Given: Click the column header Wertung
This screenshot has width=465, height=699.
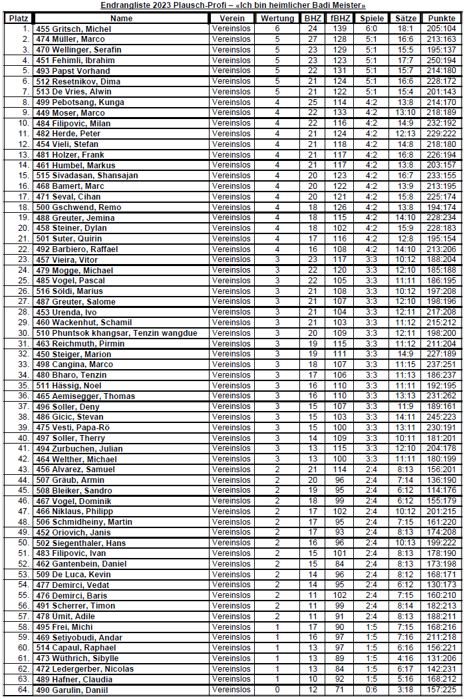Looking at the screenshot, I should click(x=277, y=19).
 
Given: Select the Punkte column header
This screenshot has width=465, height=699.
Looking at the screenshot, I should click(x=442, y=19).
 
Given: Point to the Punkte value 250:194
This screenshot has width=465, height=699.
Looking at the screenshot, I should click(x=442, y=61).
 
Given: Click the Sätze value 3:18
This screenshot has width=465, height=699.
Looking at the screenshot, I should click(x=406, y=690).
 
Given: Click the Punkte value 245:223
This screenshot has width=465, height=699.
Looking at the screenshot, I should click(x=442, y=417).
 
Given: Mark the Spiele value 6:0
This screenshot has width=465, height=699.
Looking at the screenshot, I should click(x=371, y=29).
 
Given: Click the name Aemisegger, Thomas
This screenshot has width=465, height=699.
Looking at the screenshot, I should click(x=85, y=396).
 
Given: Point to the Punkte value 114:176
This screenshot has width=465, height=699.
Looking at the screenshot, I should click(x=442, y=491).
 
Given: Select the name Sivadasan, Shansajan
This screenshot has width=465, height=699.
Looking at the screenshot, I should click(x=86, y=176).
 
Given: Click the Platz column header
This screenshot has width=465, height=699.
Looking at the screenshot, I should click(x=18, y=19).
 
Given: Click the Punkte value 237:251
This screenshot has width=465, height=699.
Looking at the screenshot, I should click(x=442, y=364).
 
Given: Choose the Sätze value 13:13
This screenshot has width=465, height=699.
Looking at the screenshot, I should click(x=406, y=396).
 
